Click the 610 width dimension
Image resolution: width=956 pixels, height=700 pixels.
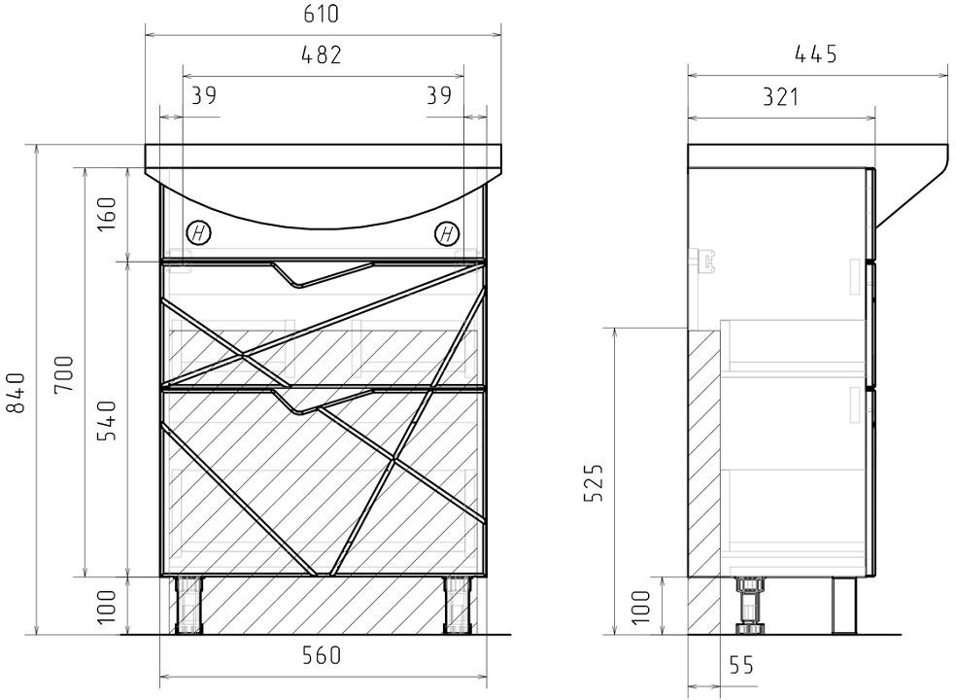(x=321, y=14)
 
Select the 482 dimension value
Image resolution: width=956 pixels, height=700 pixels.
(x=322, y=54)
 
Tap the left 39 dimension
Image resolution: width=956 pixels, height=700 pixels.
(x=204, y=95)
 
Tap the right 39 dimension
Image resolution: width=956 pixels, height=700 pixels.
(x=439, y=95)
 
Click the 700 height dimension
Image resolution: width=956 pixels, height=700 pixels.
(x=63, y=374)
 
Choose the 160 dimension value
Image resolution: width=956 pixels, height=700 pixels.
(x=106, y=213)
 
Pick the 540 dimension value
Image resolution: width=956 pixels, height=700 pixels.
(x=106, y=420)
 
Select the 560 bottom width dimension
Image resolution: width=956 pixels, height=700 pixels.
(x=322, y=655)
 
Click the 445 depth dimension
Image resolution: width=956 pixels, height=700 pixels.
(x=816, y=54)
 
